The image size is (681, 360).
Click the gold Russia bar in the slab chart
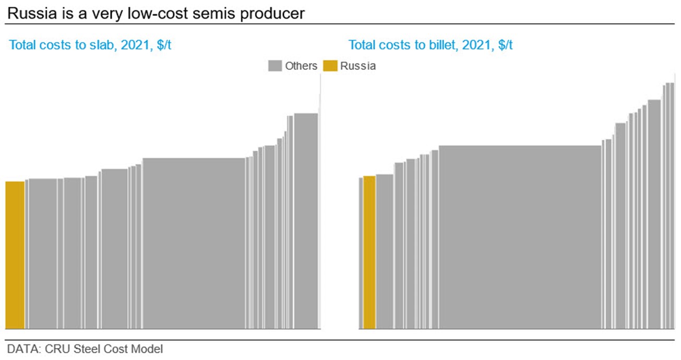(x=15, y=255)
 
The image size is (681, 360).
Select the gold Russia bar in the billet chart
(x=369, y=253)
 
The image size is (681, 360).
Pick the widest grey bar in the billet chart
(x=520, y=237)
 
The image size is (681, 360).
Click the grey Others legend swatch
(x=274, y=66)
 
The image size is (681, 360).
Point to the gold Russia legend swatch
(x=330, y=66)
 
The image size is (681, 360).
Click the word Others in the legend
(x=301, y=66)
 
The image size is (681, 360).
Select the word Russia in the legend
(x=358, y=66)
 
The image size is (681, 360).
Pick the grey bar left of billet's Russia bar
(x=361, y=253)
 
